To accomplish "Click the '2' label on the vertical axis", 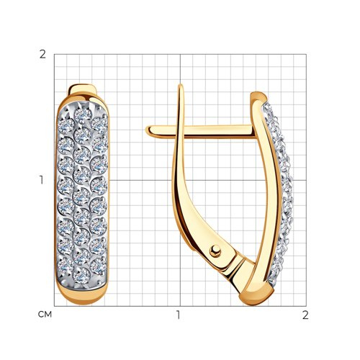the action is pos(42,55).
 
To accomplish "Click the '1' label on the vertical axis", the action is pos(42,180).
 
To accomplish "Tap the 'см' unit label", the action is pos(45,315).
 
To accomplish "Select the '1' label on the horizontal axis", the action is pos(178,315).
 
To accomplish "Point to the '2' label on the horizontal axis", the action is pos(305,315).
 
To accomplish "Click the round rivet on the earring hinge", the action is pos(215,251).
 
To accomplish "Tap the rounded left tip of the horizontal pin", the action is pos(148,131).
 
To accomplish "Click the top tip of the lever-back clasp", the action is pos(181,85).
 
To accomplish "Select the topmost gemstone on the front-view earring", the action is pos(82,114).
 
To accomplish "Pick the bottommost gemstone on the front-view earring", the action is pos(82,275).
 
